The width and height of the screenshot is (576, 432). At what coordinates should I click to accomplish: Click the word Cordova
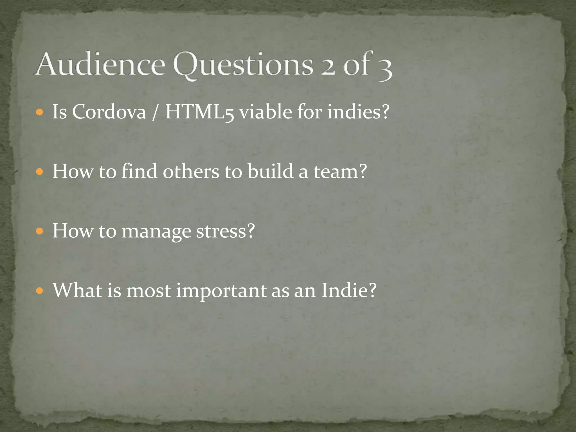(109, 112)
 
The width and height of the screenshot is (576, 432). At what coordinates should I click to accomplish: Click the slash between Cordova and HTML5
(155, 112)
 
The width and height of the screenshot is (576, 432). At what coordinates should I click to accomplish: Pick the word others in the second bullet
(191, 171)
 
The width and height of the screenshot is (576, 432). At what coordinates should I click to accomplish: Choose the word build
(270, 171)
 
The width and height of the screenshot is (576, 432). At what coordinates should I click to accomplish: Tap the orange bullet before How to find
(40, 172)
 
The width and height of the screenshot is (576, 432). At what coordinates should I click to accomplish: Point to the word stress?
(225, 231)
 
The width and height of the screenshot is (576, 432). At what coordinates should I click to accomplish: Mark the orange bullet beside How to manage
(40, 231)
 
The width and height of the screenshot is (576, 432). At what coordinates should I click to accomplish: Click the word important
(221, 291)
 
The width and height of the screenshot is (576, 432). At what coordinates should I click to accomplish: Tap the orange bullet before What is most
(40, 291)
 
